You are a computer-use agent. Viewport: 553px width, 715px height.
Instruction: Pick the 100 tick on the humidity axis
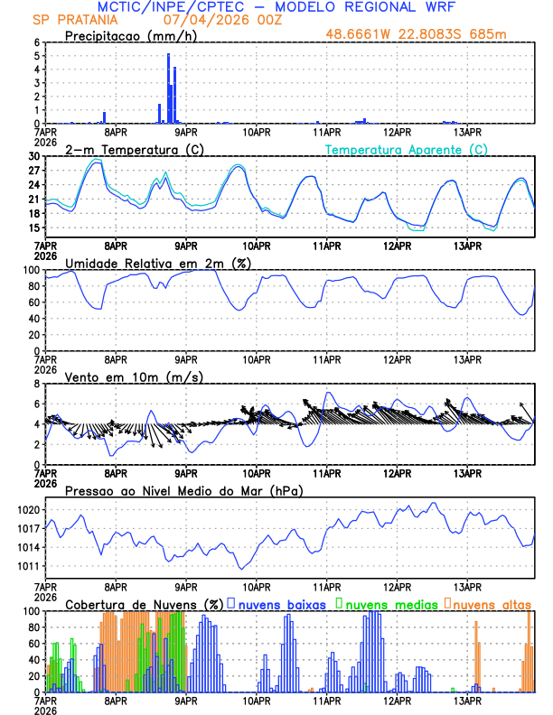point(30,270)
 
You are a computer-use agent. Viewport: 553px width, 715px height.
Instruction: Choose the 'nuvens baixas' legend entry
point(281,604)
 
